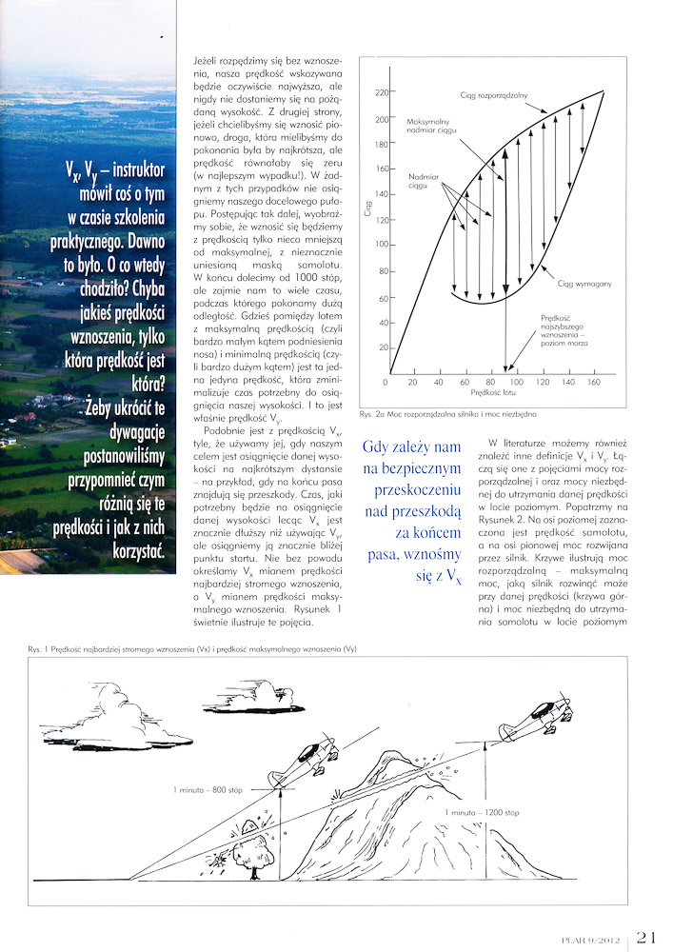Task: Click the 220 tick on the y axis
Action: pyautogui.click(x=383, y=93)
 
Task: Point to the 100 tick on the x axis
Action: pyautogui.click(x=516, y=382)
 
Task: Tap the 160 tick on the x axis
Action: pyautogui.click(x=595, y=382)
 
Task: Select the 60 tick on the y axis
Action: pyautogui.click(x=384, y=299)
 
